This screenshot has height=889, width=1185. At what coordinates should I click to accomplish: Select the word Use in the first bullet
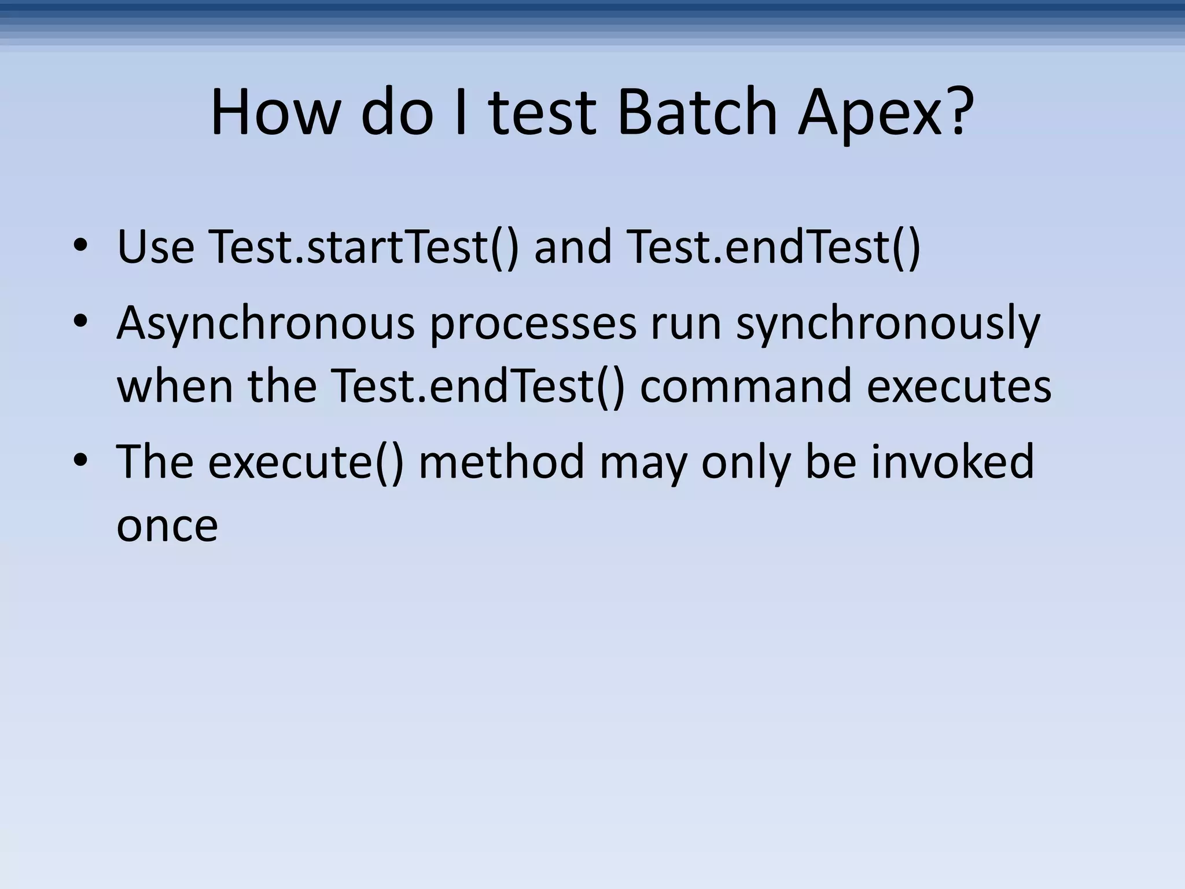point(156,247)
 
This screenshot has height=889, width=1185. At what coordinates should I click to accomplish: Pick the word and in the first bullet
point(573,247)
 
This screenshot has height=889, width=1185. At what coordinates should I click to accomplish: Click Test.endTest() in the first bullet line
point(773,247)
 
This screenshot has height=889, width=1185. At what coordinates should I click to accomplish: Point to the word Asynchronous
point(266,324)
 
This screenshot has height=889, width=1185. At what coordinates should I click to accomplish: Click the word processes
point(532,324)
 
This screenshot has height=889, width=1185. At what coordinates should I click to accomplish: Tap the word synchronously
point(888,324)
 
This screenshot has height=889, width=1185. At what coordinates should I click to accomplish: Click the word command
point(745,386)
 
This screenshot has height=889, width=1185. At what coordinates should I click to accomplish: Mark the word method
point(501,462)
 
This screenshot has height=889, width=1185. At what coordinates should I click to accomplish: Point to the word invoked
point(952,462)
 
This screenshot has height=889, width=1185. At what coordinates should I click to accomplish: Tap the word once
point(167,526)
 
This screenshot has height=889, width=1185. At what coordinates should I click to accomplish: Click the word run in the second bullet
point(686,324)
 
